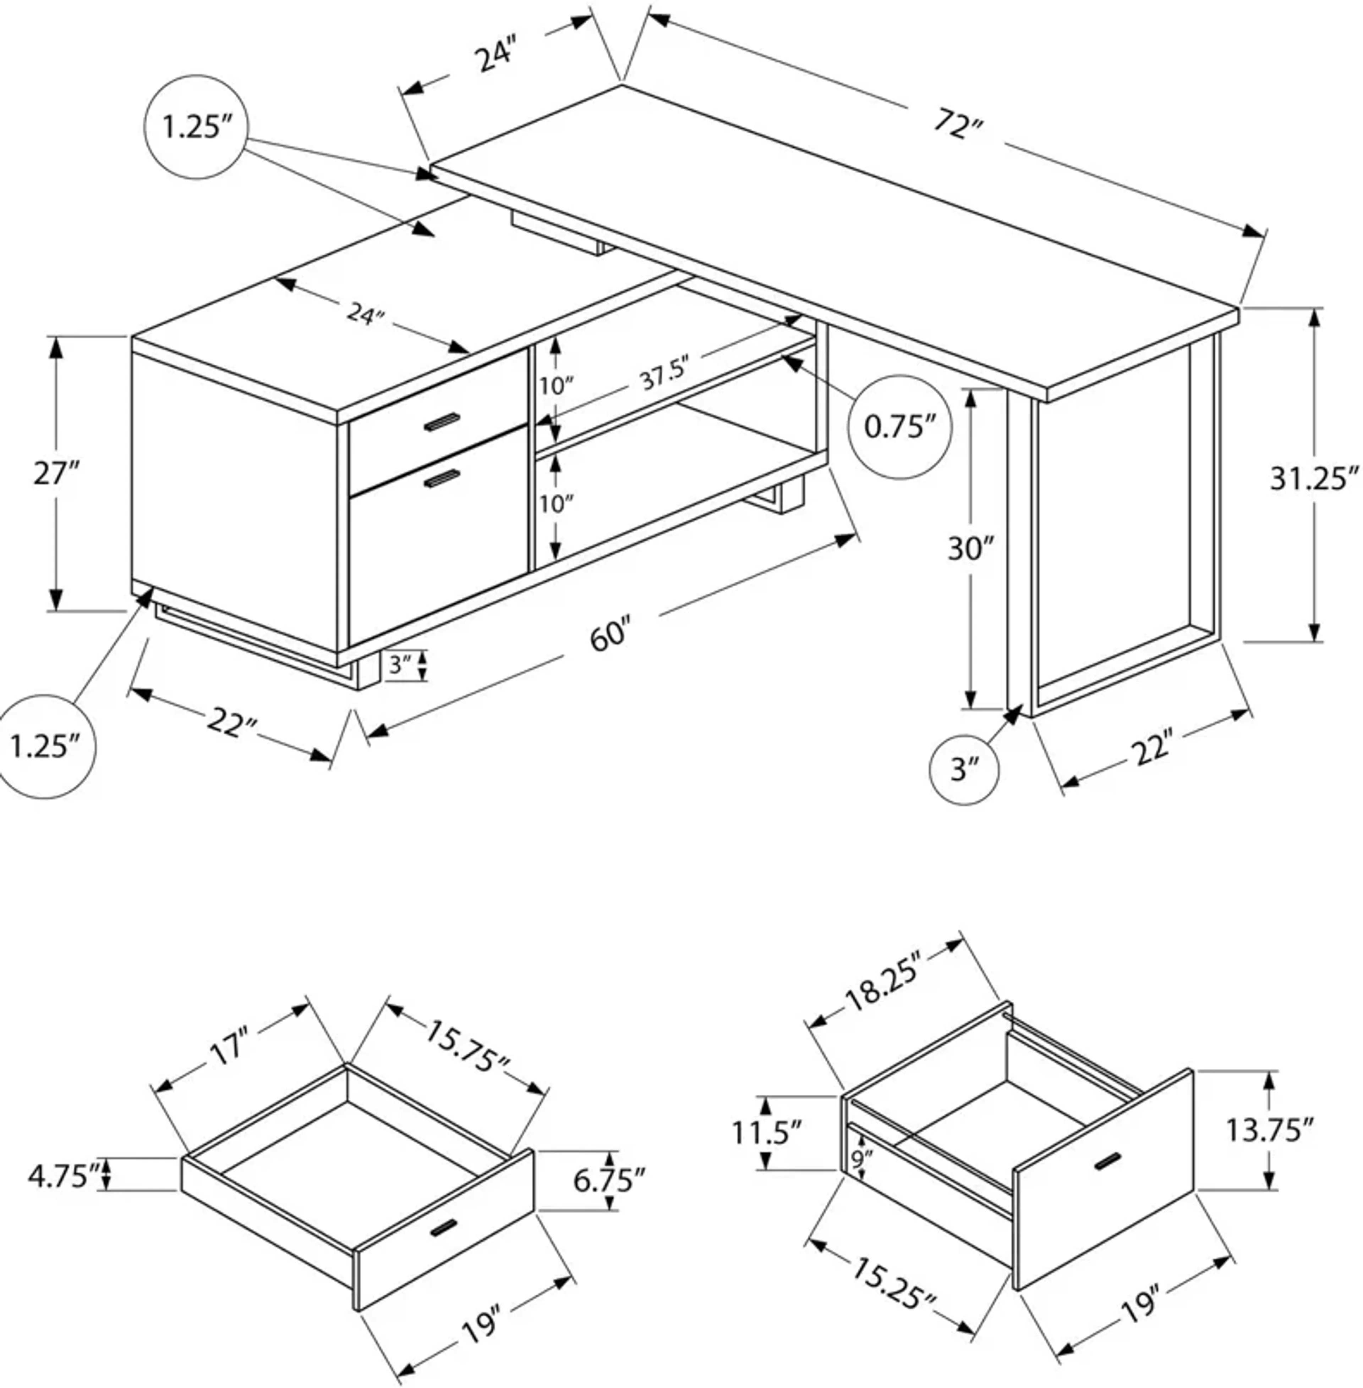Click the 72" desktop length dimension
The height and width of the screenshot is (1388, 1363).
(x=958, y=127)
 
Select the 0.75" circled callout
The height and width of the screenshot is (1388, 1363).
(x=899, y=427)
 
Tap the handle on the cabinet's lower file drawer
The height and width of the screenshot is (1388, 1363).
(x=442, y=479)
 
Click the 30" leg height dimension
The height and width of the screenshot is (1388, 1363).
(x=971, y=549)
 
